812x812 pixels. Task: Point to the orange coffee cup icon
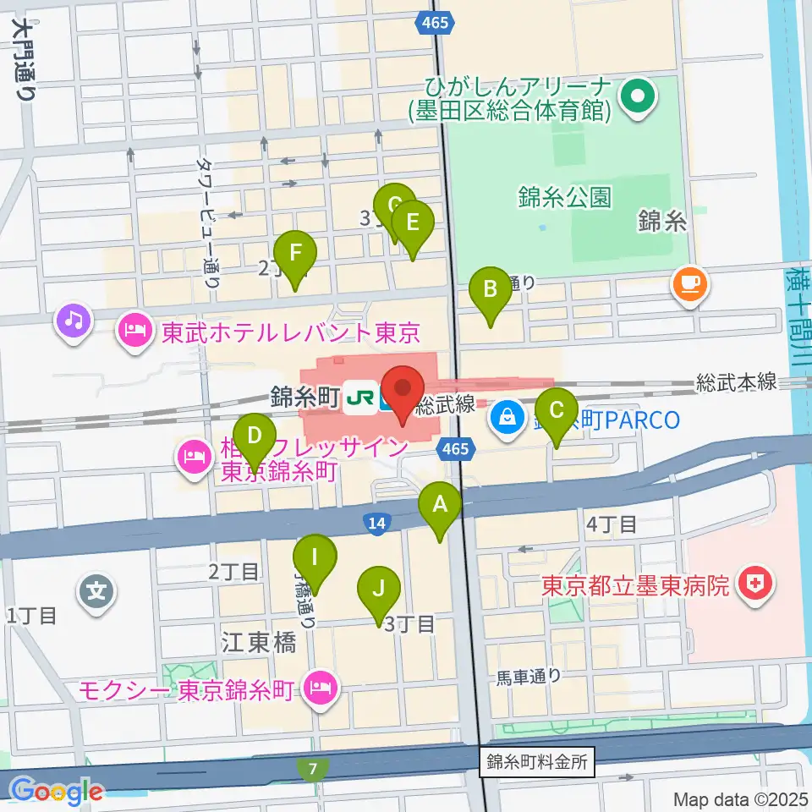[x=690, y=283]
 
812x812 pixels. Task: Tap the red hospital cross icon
[x=750, y=584]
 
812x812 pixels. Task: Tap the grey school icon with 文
[x=98, y=590]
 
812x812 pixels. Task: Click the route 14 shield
[x=377, y=524]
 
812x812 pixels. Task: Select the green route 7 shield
[x=313, y=770]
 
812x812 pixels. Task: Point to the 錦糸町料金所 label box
[x=537, y=760]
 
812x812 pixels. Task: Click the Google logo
[x=55, y=791]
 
